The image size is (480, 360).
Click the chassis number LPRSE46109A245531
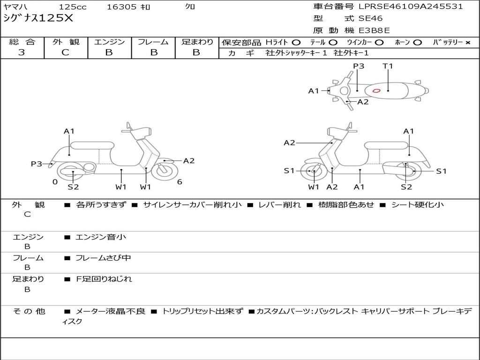pos(411,7)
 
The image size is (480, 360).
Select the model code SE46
pos(370,19)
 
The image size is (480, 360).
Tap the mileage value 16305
pos(121,7)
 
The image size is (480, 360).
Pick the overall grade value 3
pos(22,52)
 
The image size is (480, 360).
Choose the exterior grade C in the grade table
pos(66,52)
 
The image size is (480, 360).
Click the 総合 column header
pos(22,42)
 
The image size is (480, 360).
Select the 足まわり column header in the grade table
pos(197,42)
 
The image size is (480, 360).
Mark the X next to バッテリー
pos(467,42)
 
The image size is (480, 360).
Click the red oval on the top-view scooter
pos(376,90)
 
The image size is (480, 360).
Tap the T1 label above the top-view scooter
pos(388,66)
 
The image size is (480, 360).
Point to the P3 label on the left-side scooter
pos(37,164)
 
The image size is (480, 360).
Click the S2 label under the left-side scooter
pos(73,187)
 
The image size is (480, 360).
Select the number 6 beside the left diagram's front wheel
pos(180,182)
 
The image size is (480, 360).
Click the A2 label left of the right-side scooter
pos(289,143)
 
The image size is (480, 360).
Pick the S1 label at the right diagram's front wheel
pos(289,171)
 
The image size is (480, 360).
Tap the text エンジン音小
pos(101,237)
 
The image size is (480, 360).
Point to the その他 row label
pos(29,311)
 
